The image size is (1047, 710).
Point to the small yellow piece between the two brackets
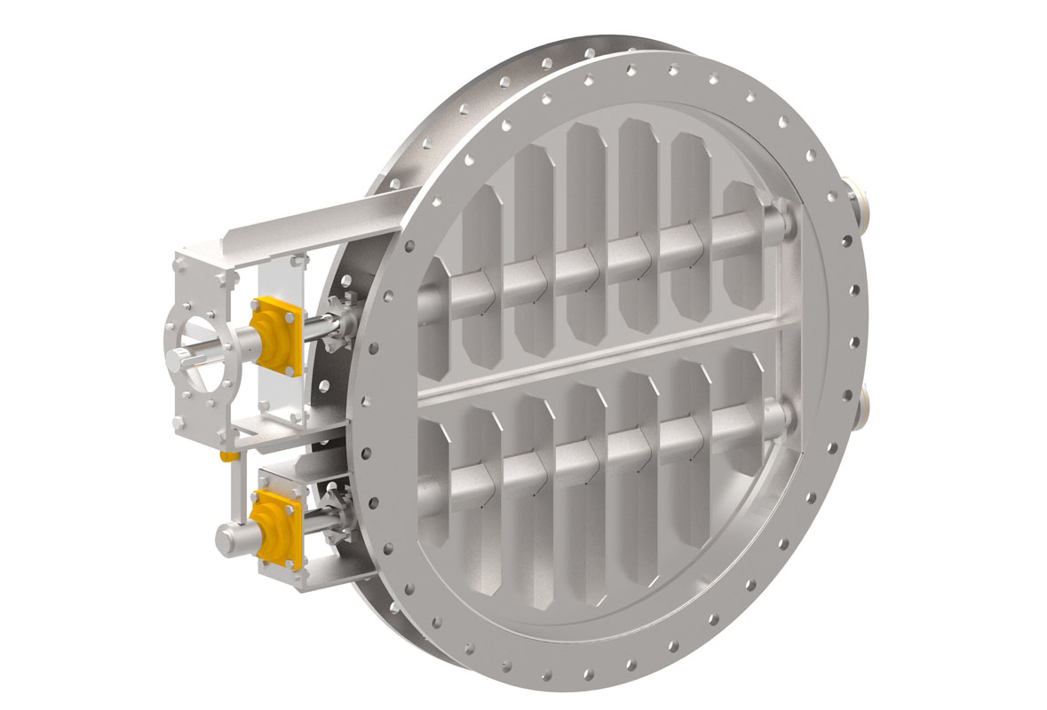tap(228, 456)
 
